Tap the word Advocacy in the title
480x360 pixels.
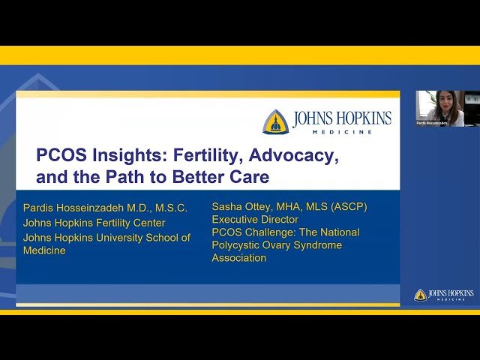293,157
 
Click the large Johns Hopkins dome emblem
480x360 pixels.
275,121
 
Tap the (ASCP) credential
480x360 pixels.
348,206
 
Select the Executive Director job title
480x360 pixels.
255,220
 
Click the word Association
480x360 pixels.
238,258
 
